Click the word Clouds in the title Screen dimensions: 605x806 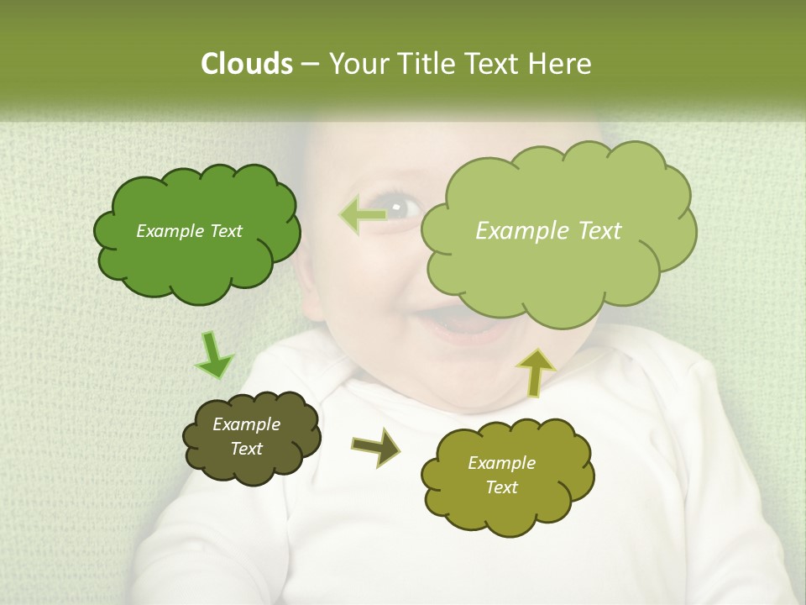point(246,64)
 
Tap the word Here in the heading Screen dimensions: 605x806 point(560,64)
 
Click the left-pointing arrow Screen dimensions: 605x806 point(362,215)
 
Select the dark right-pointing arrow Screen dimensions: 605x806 point(376,447)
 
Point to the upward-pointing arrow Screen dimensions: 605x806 point(536,371)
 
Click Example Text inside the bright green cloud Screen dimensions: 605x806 point(189,231)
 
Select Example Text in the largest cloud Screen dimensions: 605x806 point(548,231)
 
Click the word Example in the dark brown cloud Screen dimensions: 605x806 point(246,424)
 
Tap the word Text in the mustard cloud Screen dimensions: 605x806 point(501,487)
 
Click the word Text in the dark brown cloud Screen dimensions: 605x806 point(246,449)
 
